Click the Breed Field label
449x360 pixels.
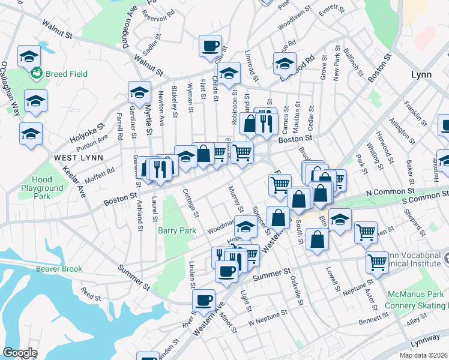click(x=67, y=74)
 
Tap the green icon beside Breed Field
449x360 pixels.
click(x=37, y=74)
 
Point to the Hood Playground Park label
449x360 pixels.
click(x=41, y=188)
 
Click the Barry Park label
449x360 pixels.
click(x=177, y=230)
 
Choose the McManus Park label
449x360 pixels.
click(x=414, y=295)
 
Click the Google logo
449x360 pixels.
click(x=20, y=353)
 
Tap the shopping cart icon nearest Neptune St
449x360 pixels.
click(x=376, y=262)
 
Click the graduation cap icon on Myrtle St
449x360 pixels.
click(x=139, y=92)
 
